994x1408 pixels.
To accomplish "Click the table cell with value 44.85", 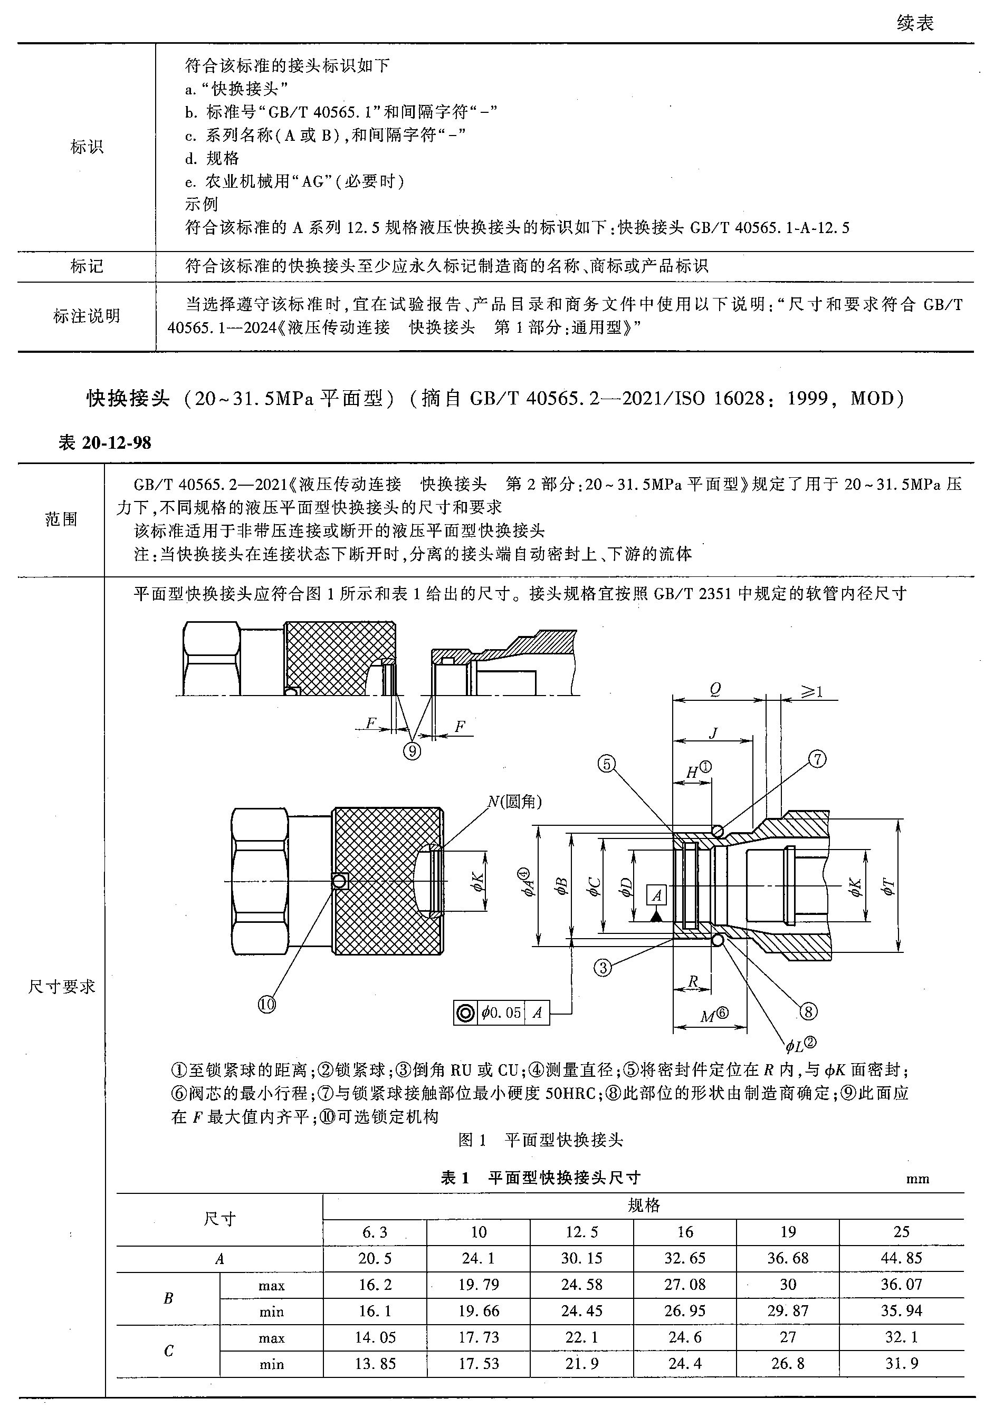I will point(901,1258).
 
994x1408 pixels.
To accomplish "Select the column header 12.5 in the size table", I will point(581,1231).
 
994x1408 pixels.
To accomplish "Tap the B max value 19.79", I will point(479,1284).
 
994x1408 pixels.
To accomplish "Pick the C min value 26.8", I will point(788,1363).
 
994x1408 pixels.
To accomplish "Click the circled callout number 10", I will point(266,1004).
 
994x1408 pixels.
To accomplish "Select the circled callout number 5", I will point(606,764).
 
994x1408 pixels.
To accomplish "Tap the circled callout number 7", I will point(817,759).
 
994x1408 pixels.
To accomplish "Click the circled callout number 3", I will point(603,968).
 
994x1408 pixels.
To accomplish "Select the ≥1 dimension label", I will point(810,692).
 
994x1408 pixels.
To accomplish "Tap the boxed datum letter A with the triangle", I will point(656,895).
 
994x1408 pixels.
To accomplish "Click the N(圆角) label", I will point(514,801).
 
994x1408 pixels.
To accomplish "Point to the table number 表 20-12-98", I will point(104,443).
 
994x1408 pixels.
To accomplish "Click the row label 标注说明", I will point(87,316).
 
